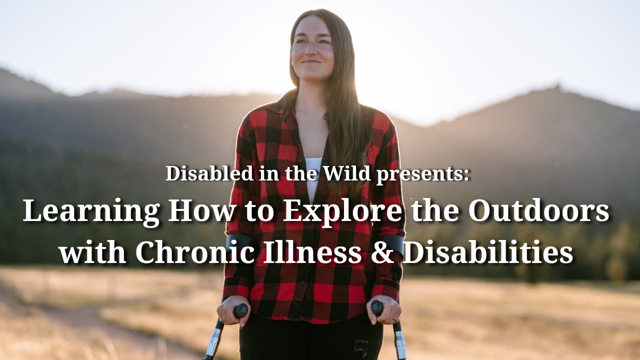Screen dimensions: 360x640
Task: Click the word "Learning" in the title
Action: coord(91,212)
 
